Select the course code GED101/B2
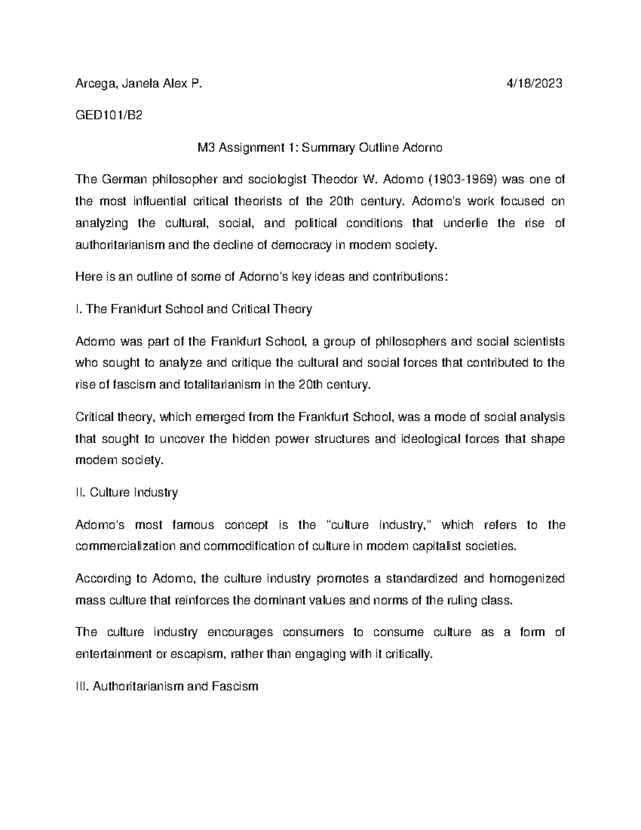click(x=109, y=115)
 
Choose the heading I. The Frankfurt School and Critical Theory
click(x=194, y=309)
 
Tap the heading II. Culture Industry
click(x=127, y=492)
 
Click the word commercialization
click(x=126, y=547)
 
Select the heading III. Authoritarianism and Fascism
click(x=167, y=687)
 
